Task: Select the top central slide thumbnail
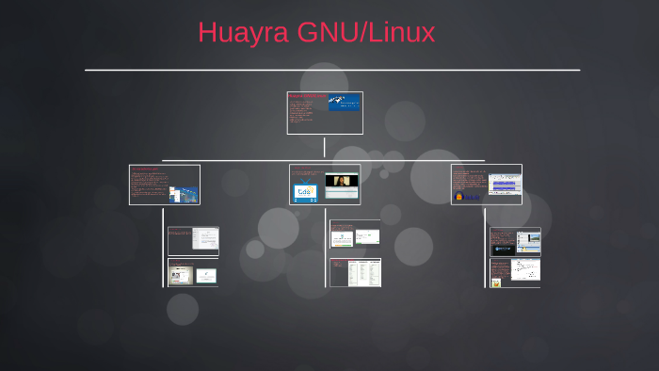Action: pyautogui.click(x=325, y=113)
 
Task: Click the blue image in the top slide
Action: pyautogui.click(x=344, y=102)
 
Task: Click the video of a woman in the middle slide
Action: pyautogui.click(x=343, y=181)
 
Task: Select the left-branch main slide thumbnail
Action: pyautogui.click(x=165, y=185)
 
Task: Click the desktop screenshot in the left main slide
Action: pyautogui.click(x=185, y=194)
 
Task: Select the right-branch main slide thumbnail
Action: pyautogui.click(x=486, y=185)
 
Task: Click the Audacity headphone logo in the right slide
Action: pyautogui.click(x=459, y=197)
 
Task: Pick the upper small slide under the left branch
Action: pyautogui.click(x=193, y=241)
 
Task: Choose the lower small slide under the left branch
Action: pyautogui.click(x=193, y=272)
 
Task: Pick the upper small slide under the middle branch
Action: pyautogui.click(x=355, y=234)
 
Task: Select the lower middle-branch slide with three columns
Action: pyautogui.click(x=355, y=272)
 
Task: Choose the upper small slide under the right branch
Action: pyautogui.click(x=515, y=241)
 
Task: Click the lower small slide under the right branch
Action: pyautogui.click(x=515, y=272)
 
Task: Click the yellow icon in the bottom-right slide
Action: pyautogui.click(x=495, y=281)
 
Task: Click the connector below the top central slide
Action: pyautogui.click(x=325, y=147)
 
